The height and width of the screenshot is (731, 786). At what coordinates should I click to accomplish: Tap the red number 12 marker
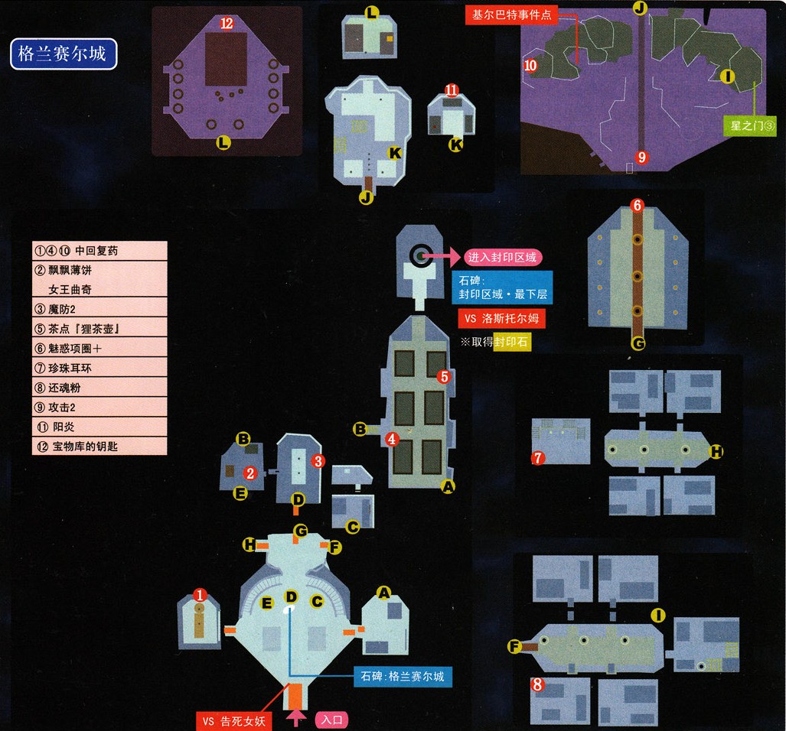227,24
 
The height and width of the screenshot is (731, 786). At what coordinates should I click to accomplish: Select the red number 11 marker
452,91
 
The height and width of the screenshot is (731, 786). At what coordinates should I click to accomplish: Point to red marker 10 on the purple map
531,67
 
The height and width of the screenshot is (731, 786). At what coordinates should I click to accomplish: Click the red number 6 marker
637,205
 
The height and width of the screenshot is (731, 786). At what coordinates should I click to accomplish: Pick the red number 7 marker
538,458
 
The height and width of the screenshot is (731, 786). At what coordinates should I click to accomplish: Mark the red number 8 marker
537,685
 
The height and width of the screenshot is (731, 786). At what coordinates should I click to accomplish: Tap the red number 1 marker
200,594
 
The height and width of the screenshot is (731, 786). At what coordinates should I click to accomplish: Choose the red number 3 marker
318,461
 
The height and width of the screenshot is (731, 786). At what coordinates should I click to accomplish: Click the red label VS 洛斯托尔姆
501,317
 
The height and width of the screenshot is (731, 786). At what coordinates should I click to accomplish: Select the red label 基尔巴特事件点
512,15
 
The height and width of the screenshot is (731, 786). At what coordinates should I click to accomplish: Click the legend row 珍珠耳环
99,368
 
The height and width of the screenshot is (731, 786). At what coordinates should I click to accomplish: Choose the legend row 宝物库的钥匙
99,446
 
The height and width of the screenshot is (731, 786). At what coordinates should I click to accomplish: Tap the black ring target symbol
419,255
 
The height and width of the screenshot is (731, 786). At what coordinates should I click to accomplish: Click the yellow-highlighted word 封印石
512,342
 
